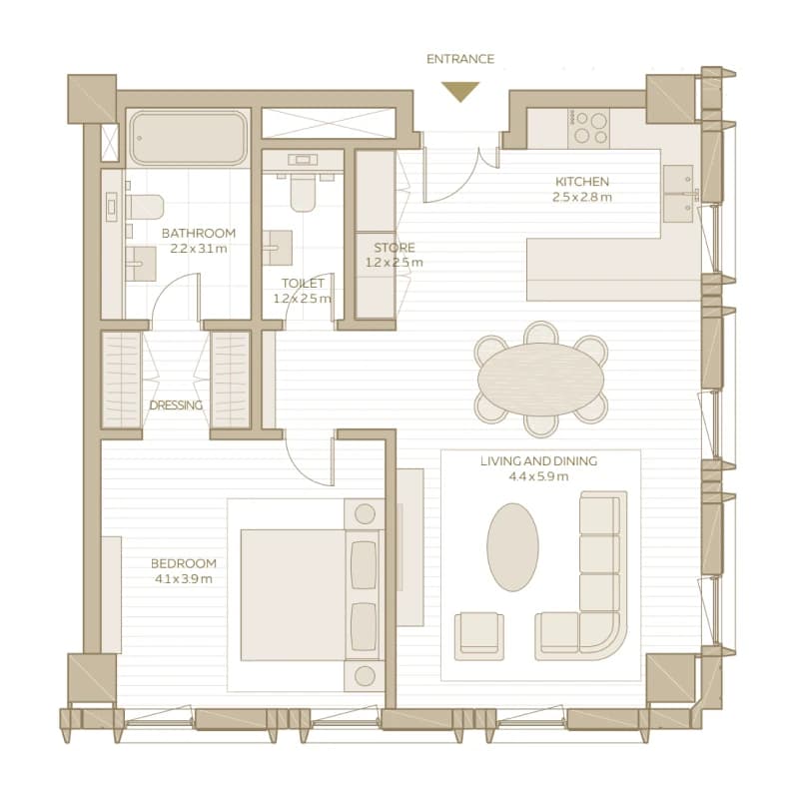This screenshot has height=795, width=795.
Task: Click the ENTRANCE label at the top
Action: click(x=460, y=59)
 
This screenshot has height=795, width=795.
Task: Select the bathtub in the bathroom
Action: click(x=188, y=138)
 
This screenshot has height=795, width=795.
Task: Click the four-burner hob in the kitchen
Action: click(x=588, y=127)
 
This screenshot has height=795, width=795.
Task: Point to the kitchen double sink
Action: click(x=678, y=194)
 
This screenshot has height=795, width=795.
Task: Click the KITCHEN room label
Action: click(x=582, y=182)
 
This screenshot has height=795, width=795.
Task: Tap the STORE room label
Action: click(x=395, y=248)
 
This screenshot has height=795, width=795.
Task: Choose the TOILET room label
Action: click(x=303, y=283)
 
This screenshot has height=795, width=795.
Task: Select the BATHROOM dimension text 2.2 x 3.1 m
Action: click(x=198, y=249)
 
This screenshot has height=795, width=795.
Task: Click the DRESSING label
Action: click(x=176, y=405)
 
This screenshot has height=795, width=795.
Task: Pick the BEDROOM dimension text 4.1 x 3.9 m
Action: click(x=184, y=579)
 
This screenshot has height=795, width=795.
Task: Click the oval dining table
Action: click(x=541, y=380)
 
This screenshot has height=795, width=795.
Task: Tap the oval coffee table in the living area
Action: click(x=512, y=547)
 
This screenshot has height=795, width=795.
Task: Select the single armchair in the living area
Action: click(x=479, y=636)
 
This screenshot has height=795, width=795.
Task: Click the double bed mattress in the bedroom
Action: click(x=293, y=595)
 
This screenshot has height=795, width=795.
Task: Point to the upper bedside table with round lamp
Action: click(x=365, y=514)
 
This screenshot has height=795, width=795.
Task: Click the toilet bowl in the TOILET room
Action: click(x=303, y=193)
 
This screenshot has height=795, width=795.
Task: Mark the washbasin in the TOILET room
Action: click(x=278, y=248)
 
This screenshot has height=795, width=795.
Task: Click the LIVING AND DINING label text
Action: click(x=539, y=460)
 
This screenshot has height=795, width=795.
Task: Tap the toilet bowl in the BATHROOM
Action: click(x=145, y=207)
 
